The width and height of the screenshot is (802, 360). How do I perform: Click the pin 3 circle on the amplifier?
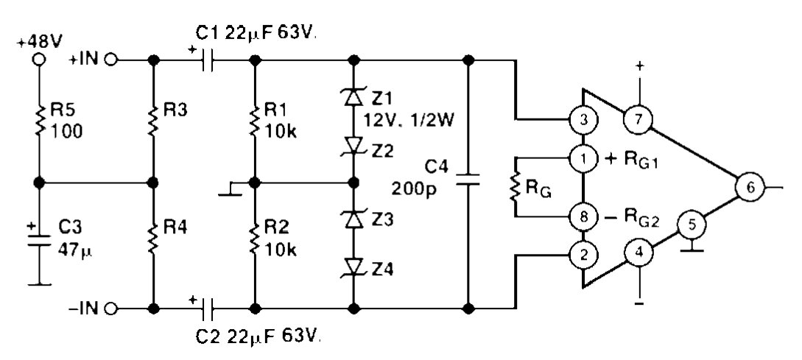click(583, 119)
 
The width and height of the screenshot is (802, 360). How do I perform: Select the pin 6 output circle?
click(750, 188)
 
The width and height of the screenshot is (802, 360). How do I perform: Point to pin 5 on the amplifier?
click(690, 224)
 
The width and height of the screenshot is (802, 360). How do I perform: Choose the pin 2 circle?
click(583, 255)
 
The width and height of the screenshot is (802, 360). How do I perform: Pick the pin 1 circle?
click(583, 157)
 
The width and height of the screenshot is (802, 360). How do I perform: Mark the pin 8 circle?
click(583, 216)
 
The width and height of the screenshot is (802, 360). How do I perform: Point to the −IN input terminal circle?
click(110, 308)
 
